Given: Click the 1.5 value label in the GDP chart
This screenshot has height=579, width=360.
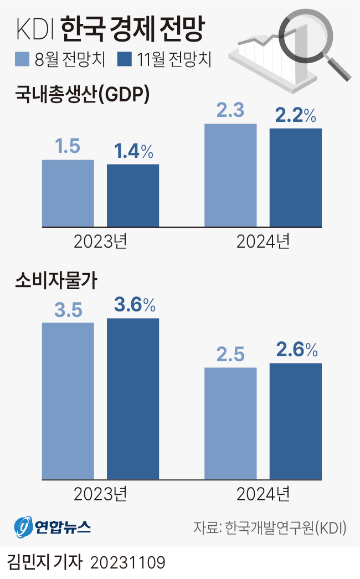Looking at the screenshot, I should coord(68,147).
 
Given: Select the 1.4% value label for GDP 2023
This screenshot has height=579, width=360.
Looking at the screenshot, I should coord(133,151).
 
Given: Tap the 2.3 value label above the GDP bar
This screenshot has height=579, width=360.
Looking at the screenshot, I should coord(231,111).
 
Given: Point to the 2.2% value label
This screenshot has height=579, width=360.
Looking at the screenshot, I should coord(296,115).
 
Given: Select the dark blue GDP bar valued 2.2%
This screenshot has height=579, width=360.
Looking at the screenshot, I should coord(296,177).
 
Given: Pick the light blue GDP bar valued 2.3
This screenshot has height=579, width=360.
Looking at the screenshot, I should coord(231,175).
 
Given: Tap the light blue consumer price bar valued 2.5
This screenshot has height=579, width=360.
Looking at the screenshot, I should coord(231,423).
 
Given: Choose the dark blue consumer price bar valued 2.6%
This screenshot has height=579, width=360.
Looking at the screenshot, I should coord(296,421).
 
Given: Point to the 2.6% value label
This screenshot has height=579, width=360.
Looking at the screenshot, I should coord(296,350).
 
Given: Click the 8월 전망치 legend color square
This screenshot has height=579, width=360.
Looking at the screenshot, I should coord(22,59).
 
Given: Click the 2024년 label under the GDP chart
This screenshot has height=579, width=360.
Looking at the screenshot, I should coord(263,242).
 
